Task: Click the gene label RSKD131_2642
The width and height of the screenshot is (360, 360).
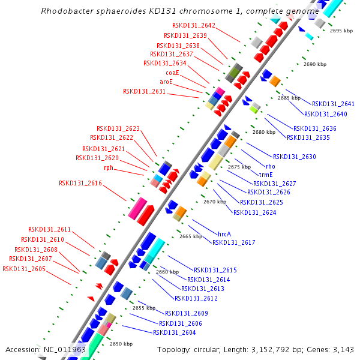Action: pos(193,25)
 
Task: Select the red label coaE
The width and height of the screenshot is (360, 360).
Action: pos(172,73)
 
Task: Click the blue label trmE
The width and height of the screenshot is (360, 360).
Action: pos(266,175)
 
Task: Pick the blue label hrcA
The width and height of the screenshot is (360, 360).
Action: pos(224,233)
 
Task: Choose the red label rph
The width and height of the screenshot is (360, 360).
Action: pos(109,168)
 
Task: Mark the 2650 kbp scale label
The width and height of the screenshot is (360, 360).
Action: pos(121,344)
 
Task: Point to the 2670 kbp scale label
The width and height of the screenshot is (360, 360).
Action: pos(215,202)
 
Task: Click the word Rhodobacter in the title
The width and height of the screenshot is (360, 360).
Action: pos(66,11)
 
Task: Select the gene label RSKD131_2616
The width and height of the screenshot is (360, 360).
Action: pos(80,183)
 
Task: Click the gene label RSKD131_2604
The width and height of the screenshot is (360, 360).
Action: pos(174,332)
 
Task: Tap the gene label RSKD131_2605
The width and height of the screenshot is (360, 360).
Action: pos(24,269)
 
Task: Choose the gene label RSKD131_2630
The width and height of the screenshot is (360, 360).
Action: pos(294,157)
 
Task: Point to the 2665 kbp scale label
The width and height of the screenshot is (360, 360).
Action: pos(191,236)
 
